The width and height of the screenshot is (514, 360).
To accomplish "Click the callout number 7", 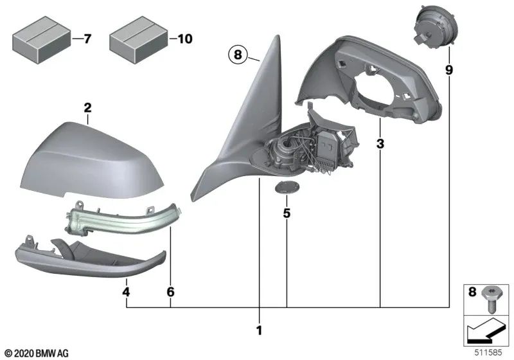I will click(x=87, y=40).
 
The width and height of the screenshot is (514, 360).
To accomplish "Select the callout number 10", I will click(x=184, y=40).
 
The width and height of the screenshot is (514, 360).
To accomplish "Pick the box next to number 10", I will click(x=137, y=40).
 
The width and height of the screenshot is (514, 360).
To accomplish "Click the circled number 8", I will click(x=237, y=56).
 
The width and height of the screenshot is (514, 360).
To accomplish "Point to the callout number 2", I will click(x=87, y=107).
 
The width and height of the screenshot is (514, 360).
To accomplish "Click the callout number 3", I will click(x=380, y=145).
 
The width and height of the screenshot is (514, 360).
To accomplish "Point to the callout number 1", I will click(x=259, y=331).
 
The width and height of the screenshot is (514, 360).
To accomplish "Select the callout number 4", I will click(x=127, y=292).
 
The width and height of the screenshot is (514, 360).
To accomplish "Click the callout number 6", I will click(x=171, y=292).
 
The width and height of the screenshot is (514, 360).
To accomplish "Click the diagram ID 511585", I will click(x=490, y=352).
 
